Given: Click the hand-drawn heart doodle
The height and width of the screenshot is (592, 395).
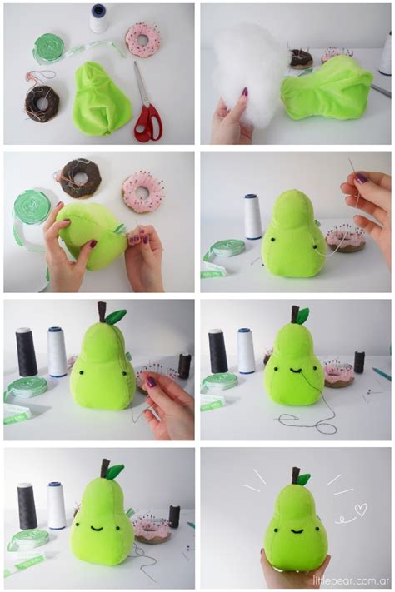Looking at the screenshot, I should [x=360, y=509].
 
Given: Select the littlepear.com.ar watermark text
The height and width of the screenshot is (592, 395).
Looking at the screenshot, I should [x=350, y=580].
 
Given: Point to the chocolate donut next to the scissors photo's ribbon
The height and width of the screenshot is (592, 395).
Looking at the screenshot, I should [x=41, y=102].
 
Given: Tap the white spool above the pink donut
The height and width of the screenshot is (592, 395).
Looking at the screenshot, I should [x=99, y=18].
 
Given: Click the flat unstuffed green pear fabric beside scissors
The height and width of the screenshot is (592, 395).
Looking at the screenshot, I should [x=100, y=100].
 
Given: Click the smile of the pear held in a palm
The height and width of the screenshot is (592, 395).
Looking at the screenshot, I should [x=295, y=530].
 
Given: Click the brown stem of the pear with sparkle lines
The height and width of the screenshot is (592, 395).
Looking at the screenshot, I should [x=295, y=475].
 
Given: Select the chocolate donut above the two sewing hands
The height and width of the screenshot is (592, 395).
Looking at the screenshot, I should [x=80, y=177].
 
